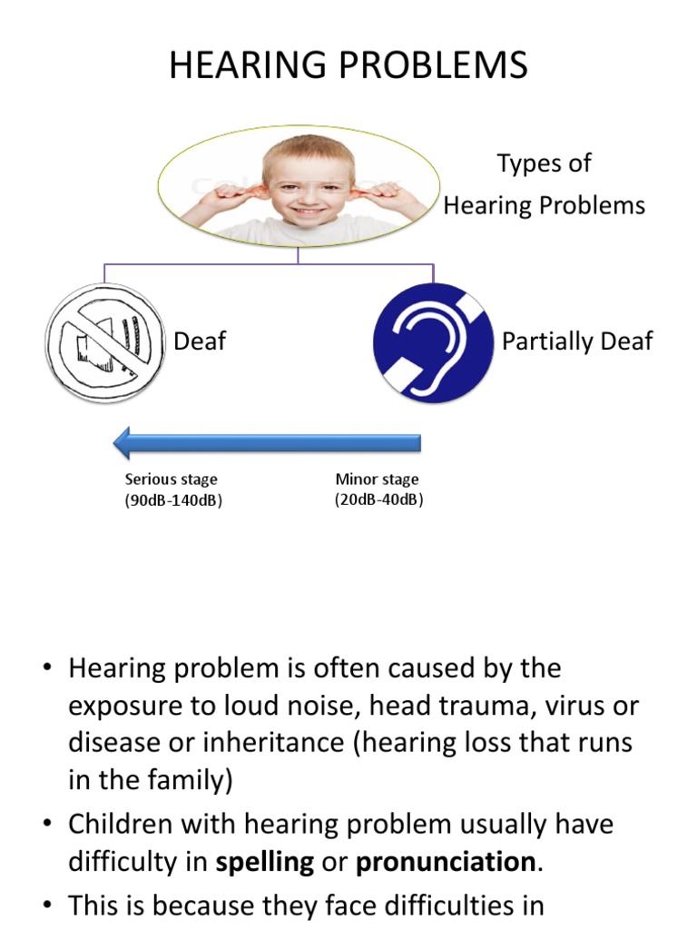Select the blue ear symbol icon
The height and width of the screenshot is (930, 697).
[x=433, y=342]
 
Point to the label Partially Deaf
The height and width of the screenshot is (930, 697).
[x=577, y=341]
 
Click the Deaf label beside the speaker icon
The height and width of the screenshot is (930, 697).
[x=200, y=341]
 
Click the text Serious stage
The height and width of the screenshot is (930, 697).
[x=172, y=480]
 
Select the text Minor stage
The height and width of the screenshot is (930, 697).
[x=378, y=480]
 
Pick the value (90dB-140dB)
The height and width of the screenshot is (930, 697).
[x=173, y=500]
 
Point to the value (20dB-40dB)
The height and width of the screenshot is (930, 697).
[x=378, y=499]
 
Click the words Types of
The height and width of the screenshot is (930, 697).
[x=544, y=164]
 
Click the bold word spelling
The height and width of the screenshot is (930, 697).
[x=265, y=862]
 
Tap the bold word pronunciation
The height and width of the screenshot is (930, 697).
[x=445, y=862]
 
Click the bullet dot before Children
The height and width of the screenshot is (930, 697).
[x=46, y=825]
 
